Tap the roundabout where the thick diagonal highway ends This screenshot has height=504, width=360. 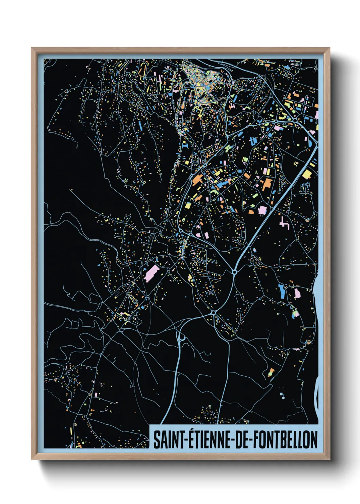pos(234,271)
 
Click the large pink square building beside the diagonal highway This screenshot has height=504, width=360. pos(262,209)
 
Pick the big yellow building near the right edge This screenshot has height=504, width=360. pos(307,174)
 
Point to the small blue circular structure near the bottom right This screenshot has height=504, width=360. pos(283,397)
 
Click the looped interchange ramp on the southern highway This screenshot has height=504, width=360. pos(181,337)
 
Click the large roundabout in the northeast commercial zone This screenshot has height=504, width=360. pos(295,120)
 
